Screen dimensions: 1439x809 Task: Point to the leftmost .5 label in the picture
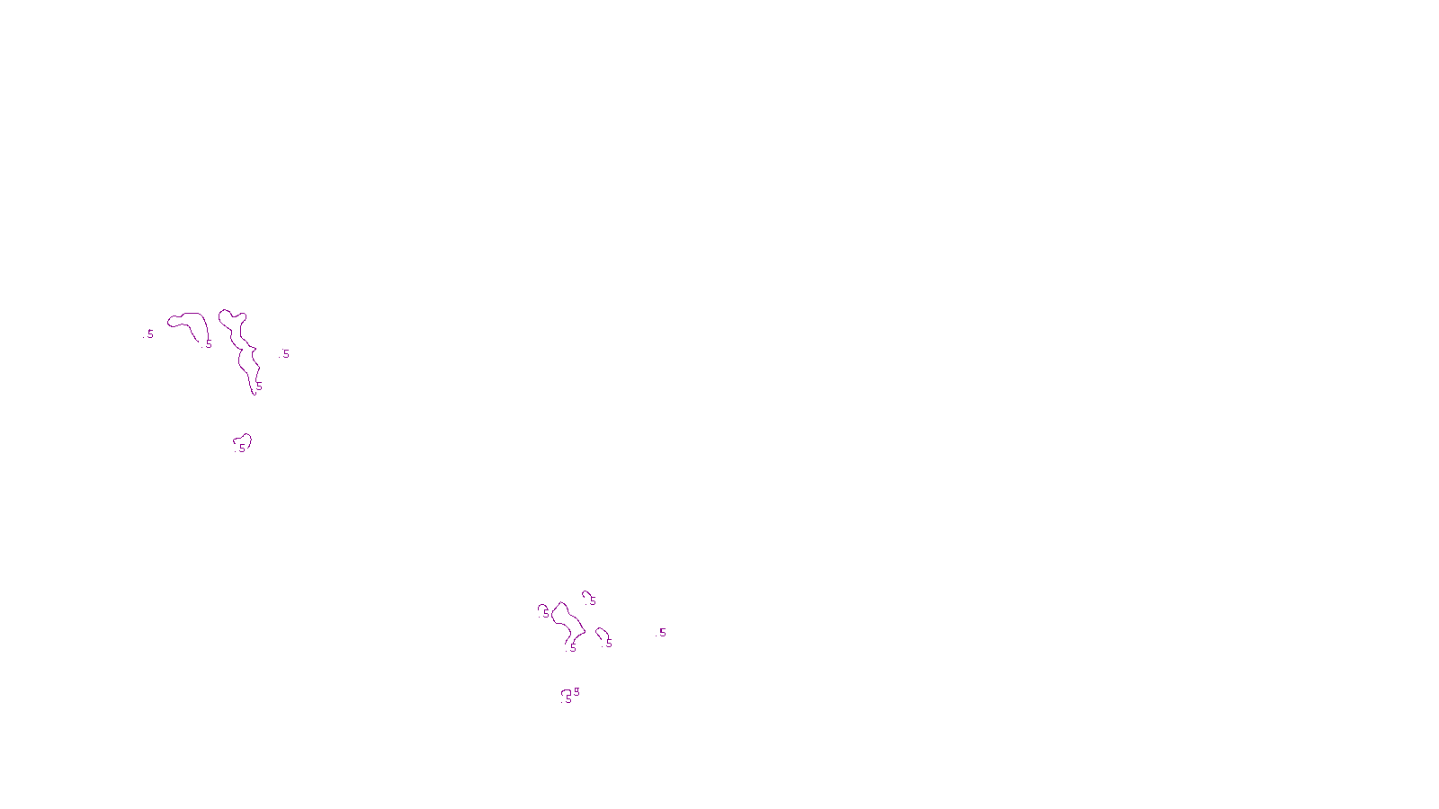coord(150,333)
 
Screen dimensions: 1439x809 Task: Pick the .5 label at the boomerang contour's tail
coord(209,343)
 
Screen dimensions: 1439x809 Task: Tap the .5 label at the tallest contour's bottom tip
coord(258,387)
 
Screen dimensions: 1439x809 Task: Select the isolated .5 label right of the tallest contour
coord(286,354)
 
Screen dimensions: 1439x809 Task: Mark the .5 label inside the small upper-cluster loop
coord(242,448)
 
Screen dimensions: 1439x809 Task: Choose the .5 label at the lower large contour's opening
coord(573,647)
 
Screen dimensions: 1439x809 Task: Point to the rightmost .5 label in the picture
coord(662,633)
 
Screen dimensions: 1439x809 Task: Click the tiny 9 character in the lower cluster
coord(576,690)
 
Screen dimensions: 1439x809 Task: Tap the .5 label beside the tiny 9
coord(568,698)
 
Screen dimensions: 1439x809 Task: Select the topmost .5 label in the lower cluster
coord(593,600)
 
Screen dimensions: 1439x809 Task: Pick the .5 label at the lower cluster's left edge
coord(546,615)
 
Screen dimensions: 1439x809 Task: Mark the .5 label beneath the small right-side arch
coord(609,643)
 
